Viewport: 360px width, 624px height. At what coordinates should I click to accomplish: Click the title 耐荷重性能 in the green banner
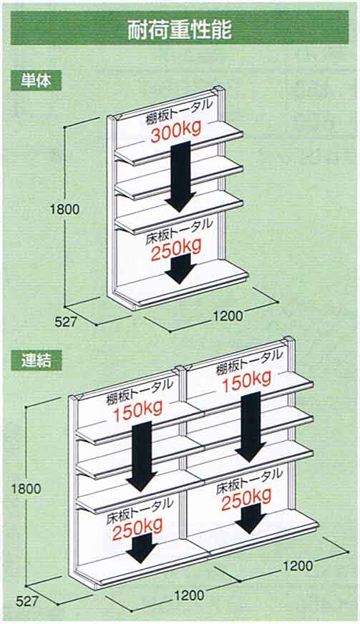pyautogui.click(x=180, y=29)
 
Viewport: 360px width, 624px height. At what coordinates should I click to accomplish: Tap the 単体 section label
pyautogui.click(x=37, y=81)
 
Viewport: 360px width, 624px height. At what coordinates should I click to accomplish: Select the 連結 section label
pyautogui.click(x=37, y=360)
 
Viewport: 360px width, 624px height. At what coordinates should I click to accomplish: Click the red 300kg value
pyautogui.click(x=175, y=131)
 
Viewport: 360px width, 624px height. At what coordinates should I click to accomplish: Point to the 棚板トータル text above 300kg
pyautogui.click(x=179, y=112)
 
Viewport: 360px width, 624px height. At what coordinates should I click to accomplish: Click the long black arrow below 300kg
pyautogui.click(x=181, y=176)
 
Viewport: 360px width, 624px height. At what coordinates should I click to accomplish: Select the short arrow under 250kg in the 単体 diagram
pyautogui.click(x=180, y=269)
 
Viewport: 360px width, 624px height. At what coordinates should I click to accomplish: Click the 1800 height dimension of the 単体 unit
pyautogui.click(x=64, y=209)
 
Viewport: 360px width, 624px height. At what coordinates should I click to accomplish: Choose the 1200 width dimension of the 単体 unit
pyautogui.click(x=228, y=316)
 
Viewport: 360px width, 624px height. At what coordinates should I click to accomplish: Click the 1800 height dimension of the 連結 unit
pyautogui.click(x=26, y=488)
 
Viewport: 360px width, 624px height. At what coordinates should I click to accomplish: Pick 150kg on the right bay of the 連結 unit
pyautogui.click(x=247, y=381)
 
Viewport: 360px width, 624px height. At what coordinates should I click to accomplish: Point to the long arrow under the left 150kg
pyautogui.click(x=142, y=456)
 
